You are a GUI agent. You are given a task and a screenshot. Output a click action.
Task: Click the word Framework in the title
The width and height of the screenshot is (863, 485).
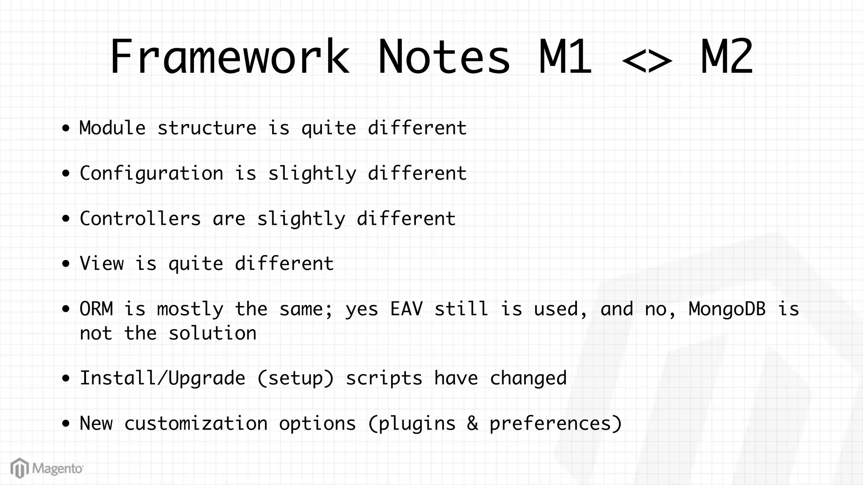point(230,57)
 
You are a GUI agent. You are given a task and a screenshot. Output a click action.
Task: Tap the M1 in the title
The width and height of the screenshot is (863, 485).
point(565,57)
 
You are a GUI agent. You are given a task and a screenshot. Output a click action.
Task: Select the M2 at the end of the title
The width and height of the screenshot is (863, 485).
point(726,57)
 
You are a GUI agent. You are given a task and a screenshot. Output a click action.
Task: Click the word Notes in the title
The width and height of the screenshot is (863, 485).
point(444,57)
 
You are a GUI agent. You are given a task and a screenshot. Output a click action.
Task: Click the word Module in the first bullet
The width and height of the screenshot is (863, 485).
point(113,128)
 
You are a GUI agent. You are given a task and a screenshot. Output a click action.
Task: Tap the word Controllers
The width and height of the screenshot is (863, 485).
point(140,219)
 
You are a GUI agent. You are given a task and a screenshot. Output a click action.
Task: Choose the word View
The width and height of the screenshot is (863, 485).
point(102,264)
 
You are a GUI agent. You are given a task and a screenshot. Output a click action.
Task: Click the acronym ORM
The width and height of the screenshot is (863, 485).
point(96,309)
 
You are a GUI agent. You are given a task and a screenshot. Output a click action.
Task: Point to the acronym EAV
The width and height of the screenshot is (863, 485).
point(406,309)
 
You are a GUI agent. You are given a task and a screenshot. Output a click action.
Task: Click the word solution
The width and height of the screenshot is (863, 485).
point(212,334)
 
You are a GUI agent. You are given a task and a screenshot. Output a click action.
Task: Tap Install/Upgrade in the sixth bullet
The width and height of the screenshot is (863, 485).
point(162,378)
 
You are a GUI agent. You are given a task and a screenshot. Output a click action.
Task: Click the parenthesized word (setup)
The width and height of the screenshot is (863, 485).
point(295,378)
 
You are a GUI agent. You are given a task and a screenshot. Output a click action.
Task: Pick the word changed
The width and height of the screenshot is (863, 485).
point(528,378)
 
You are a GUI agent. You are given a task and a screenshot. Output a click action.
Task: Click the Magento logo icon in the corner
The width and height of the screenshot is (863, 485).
point(19,468)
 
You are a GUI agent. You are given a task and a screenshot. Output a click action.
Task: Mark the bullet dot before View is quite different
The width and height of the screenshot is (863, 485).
point(65,264)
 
